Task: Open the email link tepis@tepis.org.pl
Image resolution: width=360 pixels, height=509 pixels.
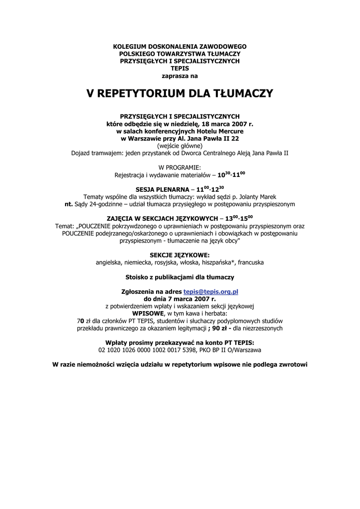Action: tap(211, 292)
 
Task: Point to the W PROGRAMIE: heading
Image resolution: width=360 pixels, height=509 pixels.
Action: tap(180, 168)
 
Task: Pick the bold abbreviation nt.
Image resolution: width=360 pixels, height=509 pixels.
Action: tap(69, 204)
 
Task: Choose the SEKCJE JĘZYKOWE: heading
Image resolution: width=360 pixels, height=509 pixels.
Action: tap(180, 255)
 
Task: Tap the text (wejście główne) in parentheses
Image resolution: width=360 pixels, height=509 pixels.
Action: tap(180, 146)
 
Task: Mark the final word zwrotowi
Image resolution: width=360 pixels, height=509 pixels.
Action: tap(292, 364)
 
